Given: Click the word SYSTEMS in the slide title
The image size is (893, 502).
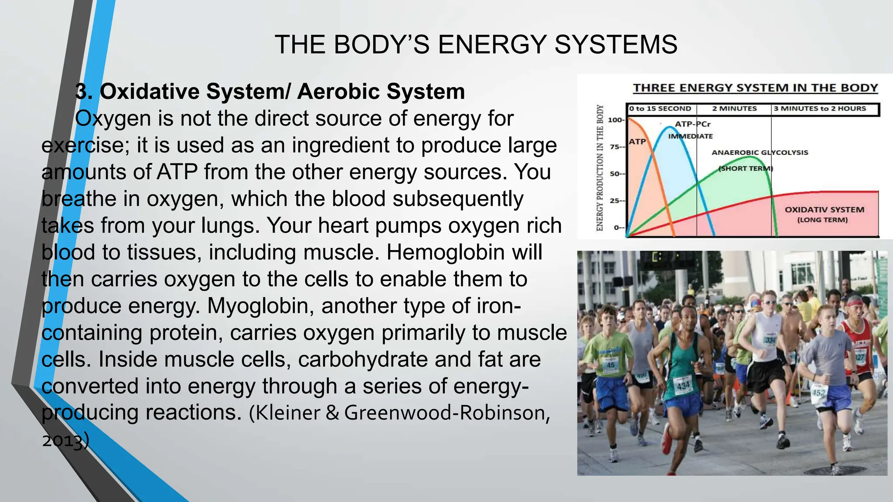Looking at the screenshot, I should click(x=616, y=44).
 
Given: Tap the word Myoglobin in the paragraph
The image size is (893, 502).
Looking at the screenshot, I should click(x=260, y=306).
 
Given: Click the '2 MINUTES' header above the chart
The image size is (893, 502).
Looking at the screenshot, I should click(x=734, y=109).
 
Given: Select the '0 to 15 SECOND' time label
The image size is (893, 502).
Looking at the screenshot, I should click(x=660, y=109).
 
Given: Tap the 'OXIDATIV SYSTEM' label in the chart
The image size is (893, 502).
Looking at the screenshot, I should click(x=824, y=210).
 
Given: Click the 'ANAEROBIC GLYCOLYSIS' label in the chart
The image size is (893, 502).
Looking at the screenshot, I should click(x=760, y=153).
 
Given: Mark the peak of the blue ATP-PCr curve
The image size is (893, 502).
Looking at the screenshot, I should click(x=670, y=127).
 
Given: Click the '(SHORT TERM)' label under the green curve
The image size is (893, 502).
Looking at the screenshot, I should click(x=746, y=169).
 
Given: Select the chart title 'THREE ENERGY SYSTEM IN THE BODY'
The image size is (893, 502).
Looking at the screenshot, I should click(x=755, y=88).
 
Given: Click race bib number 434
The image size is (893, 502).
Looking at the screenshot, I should click(x=683, y=385).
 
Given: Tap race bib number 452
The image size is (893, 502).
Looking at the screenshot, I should click(x=818, y=393).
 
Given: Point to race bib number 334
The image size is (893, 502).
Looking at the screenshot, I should click(x=770, y=340).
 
